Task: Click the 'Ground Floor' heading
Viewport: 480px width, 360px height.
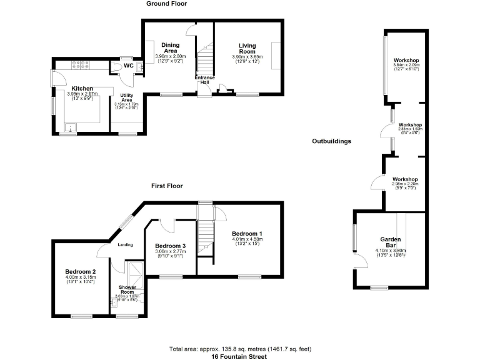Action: coord(166,4)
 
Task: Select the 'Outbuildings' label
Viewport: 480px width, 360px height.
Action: coord(331,141)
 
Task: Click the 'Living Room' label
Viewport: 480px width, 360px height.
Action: coord(247,49)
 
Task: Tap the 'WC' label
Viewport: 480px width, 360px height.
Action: coord(127,66)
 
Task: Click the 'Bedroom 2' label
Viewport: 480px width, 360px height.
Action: coord(80,272)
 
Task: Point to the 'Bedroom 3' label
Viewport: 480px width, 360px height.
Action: coord(171,246)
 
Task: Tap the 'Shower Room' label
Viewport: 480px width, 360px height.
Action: coord(127,290)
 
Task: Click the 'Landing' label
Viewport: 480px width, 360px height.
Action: coord(126,244)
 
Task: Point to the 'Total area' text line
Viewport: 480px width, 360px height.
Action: coord(240,349)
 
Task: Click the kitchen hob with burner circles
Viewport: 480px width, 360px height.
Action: coord(82,63)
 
